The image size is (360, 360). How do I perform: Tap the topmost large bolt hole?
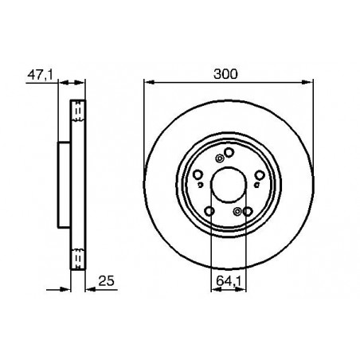point(229,153)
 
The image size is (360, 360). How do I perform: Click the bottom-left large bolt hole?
point(209,210)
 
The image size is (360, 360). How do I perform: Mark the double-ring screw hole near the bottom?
point(237,210)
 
